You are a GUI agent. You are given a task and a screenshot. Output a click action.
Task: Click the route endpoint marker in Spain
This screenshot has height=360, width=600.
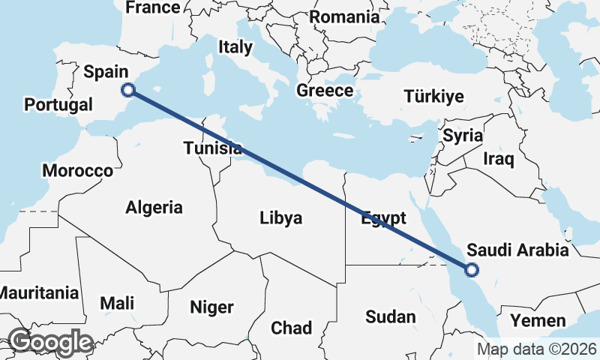(128, 90)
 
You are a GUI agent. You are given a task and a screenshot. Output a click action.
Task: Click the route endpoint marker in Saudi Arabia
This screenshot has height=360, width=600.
(472, 270)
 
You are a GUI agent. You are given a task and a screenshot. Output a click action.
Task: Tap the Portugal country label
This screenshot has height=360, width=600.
(58, 104)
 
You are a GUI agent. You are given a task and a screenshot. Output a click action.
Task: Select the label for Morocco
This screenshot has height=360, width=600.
(77, 171)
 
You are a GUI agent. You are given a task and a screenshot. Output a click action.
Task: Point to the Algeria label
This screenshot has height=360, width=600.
(154, 207)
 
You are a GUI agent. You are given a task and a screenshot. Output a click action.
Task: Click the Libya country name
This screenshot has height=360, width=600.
(281, 218)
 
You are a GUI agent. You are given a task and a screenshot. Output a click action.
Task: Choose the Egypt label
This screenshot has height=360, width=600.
(383, 218)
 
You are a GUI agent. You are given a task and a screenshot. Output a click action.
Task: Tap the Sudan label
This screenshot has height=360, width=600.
(391, 317)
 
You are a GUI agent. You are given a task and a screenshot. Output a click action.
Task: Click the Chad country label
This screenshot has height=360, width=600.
(292, 328)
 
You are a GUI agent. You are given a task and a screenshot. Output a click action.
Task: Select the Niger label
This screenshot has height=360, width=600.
(211, 307)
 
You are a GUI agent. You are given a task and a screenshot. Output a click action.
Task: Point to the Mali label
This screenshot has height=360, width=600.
(117, 304)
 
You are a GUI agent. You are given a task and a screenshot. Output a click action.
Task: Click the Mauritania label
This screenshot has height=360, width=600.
(39, 292)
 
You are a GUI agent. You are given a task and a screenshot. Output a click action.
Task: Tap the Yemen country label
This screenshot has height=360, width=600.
(538, 322)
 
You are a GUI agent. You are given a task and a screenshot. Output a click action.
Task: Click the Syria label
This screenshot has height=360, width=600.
(463, 136)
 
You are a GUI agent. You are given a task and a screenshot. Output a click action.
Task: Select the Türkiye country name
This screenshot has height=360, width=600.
(433, 96)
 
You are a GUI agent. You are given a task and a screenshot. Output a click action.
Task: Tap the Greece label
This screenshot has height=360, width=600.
(325, 91)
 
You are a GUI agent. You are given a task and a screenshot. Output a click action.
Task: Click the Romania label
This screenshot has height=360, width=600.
(345, 16)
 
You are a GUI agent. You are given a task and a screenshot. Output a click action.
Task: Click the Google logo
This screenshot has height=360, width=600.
(50, 342)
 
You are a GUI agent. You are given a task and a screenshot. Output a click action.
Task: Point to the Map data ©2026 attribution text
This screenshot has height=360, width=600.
(536, 349)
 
